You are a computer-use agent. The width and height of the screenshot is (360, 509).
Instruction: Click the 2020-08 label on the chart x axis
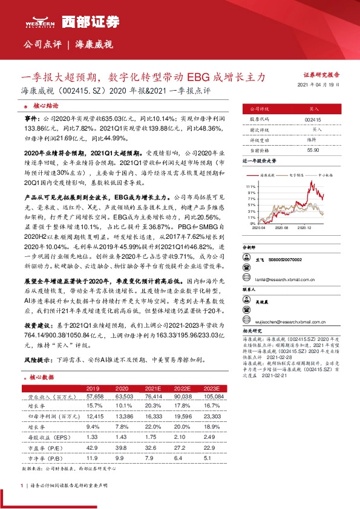coord(284,228)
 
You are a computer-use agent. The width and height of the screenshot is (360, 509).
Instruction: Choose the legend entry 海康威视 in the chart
coord(269,173)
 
